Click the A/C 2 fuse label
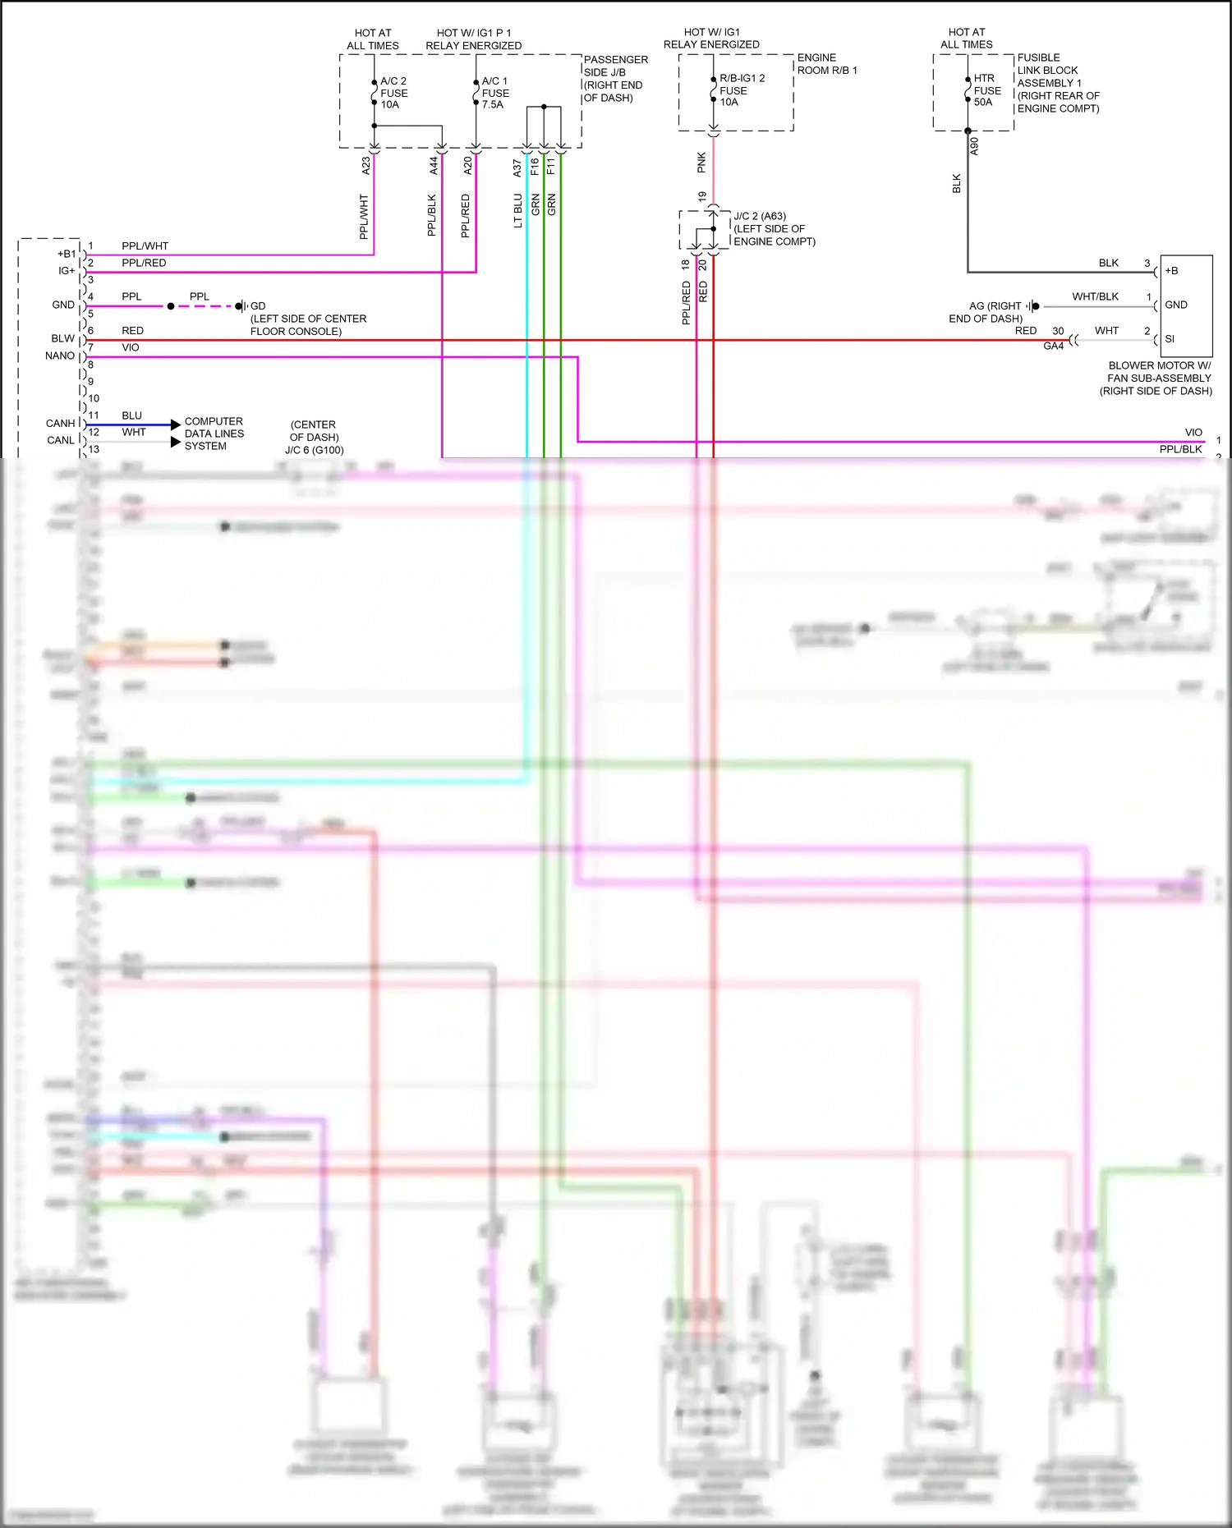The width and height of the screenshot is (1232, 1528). (x=393, y=93)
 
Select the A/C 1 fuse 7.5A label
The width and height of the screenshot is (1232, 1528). (x=494, y=93)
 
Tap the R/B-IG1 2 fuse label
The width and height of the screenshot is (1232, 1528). (x=741, y=90)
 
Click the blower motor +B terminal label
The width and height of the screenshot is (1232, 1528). (x=1171, y=271)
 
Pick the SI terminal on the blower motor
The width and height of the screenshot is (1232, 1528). (x=1170, y=338)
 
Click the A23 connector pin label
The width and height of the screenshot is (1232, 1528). (x=366, y=166)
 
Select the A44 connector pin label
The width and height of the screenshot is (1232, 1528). (x=434, y=166)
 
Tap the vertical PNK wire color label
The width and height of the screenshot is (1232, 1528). (x=701, y=163)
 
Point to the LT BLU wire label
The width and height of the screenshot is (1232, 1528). (x=518, y=210)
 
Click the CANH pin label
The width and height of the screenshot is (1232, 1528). (x=61, y=424)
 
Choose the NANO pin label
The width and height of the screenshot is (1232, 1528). (x=60, y=356)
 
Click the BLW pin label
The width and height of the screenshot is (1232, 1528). (x=63, y=338)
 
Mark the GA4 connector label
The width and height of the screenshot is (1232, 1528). (x=1053, y=346)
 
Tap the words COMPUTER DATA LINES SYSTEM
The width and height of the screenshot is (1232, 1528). (x=214, y=434)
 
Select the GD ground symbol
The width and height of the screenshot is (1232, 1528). (x=241, y=306)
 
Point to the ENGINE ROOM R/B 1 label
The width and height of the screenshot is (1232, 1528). (x=826, y=64)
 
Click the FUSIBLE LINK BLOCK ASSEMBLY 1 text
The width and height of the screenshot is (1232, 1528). (x=1058, y=83)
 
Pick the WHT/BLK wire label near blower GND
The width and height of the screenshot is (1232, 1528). (x=1095, y=296)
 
